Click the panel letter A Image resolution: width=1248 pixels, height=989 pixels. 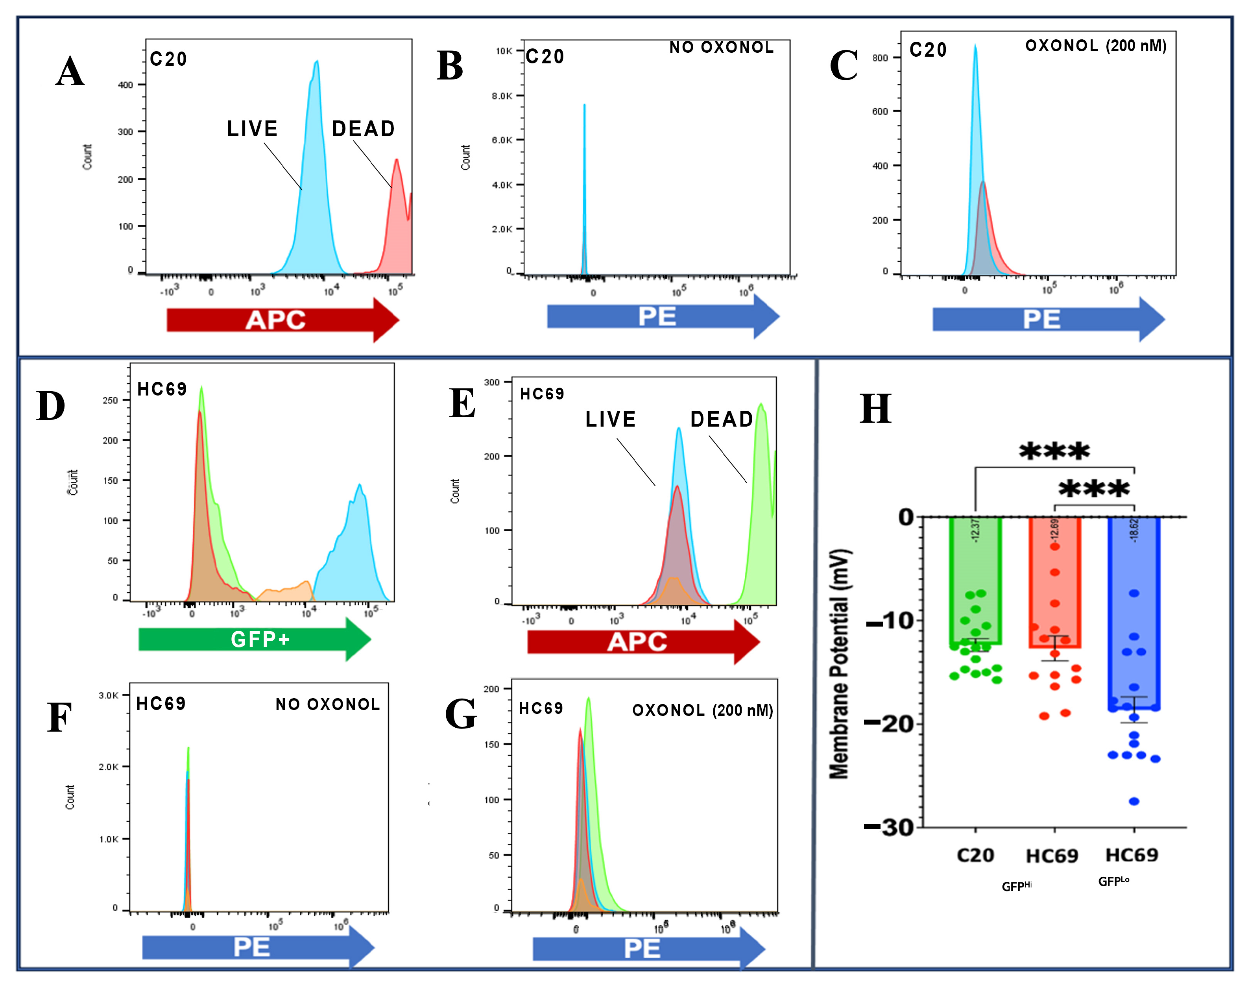pyautogui.click(x=70, y=72)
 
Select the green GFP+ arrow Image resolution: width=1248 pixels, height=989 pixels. pyautogui.click(x=254, y=639)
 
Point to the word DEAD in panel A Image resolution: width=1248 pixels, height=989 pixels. pyautogui.click(x=363, y=129)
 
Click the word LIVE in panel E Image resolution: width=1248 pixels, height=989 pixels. pyautogui.click(x=610, y=419)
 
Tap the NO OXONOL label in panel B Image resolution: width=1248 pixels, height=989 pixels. pyautogui.click(x=721, y=48)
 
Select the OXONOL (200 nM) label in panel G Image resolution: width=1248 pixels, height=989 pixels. pyautogui.click(x=702, y=710)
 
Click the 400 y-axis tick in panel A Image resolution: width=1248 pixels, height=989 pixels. pyautogui.click(x=125, y=85)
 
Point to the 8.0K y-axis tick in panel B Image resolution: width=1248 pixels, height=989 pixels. pyautogui.click(x=502, y=96)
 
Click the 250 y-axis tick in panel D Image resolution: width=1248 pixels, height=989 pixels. pyautogui.click(x=110, y=400)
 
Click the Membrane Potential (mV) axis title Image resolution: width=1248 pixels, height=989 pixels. pyautogui.click(x=839, y=664)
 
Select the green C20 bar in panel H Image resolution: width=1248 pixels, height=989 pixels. pyautogui.click(x=975, y=579)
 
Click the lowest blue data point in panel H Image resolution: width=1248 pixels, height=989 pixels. pyautogui.click(x=1134, y=801)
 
